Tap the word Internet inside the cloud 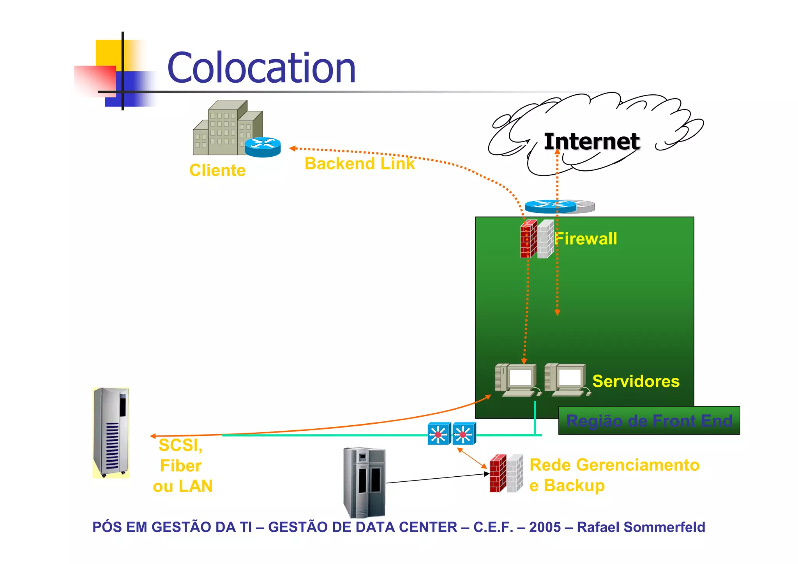tap(591, 141)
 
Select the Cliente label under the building tap(217, 170)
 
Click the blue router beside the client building tap(263, 147)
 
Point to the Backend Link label tap(359, 164)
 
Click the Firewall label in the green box tap(586, 239)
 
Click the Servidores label tap(636, 381)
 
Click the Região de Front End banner tap(649, 421)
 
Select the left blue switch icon tap(439, 434)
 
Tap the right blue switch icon tap(464, 434)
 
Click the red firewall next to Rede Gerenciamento tap(498, 474)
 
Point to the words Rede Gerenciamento tap(614, 465)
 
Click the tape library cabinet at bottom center tap(364, 483)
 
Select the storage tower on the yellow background tap(111, 433)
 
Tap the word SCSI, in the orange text tap(180, 445)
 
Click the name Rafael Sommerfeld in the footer tap(641, 527)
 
